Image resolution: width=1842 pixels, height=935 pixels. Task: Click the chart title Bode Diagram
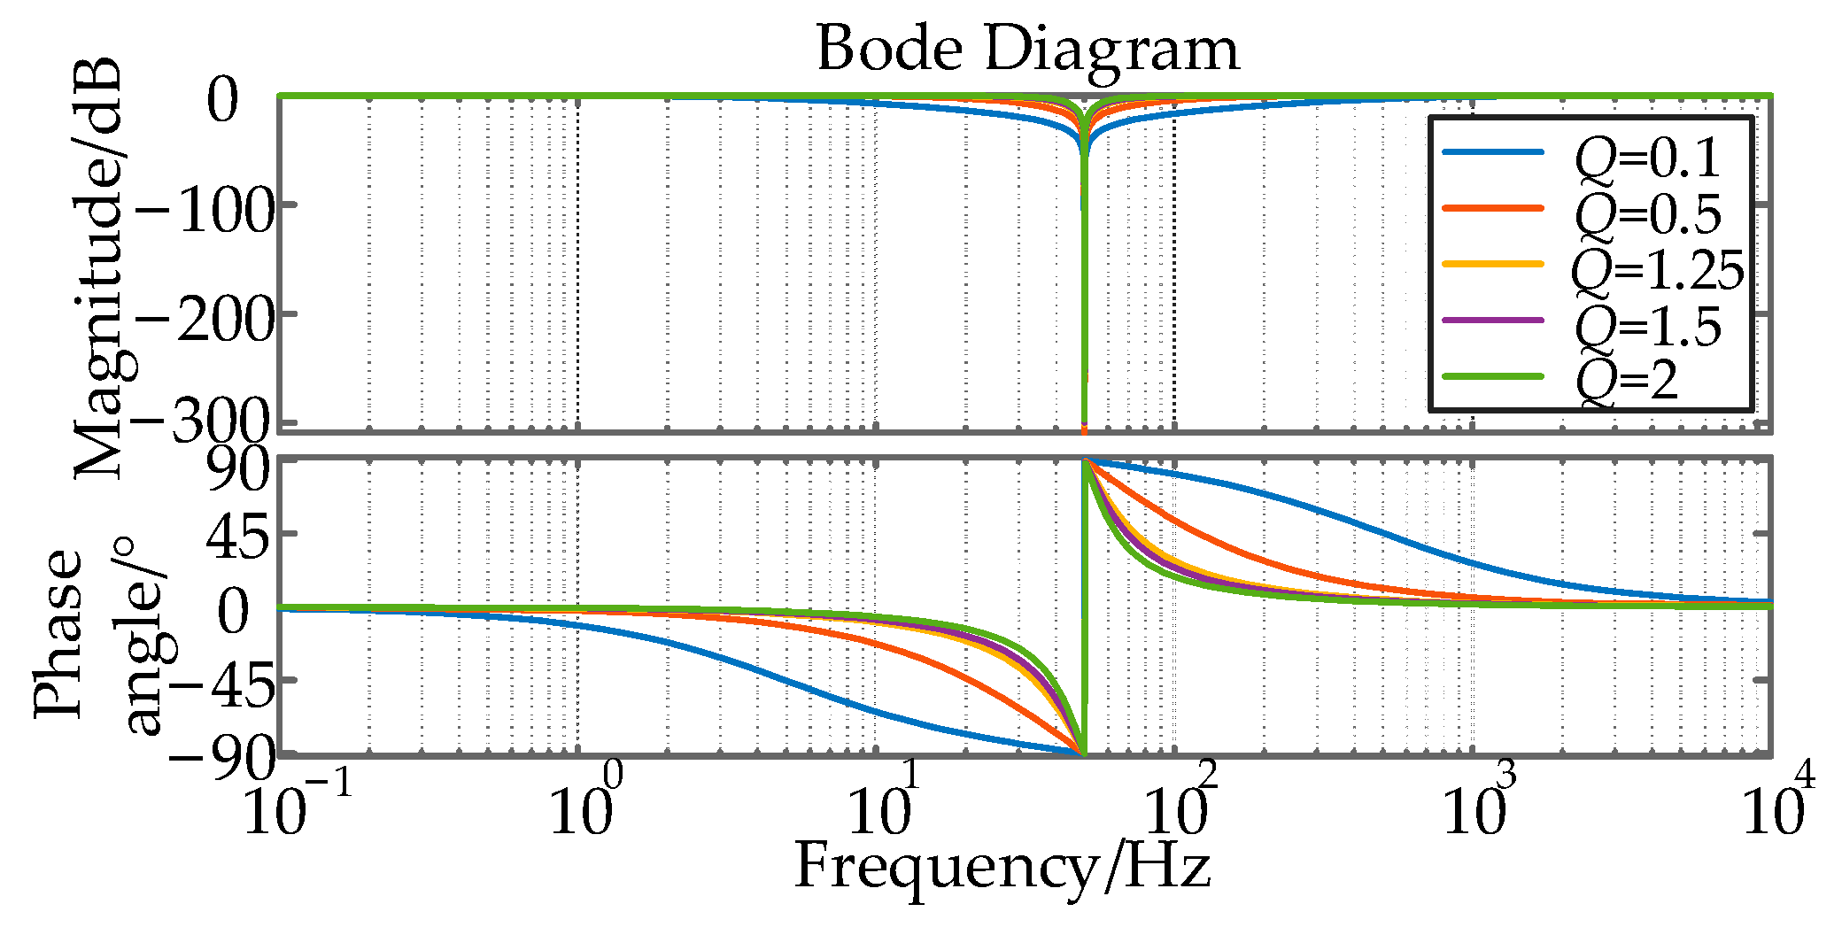1027,49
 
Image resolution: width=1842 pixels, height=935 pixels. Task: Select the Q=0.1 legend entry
1648,158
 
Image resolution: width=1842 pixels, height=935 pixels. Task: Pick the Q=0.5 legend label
1648,213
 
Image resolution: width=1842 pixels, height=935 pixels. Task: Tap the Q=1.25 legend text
1657,270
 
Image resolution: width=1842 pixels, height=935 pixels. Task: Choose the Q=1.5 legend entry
1648,326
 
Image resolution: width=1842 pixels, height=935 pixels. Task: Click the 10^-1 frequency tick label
297,806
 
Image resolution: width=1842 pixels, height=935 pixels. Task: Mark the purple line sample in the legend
1493,320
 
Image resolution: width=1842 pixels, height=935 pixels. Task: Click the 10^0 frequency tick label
585,806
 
